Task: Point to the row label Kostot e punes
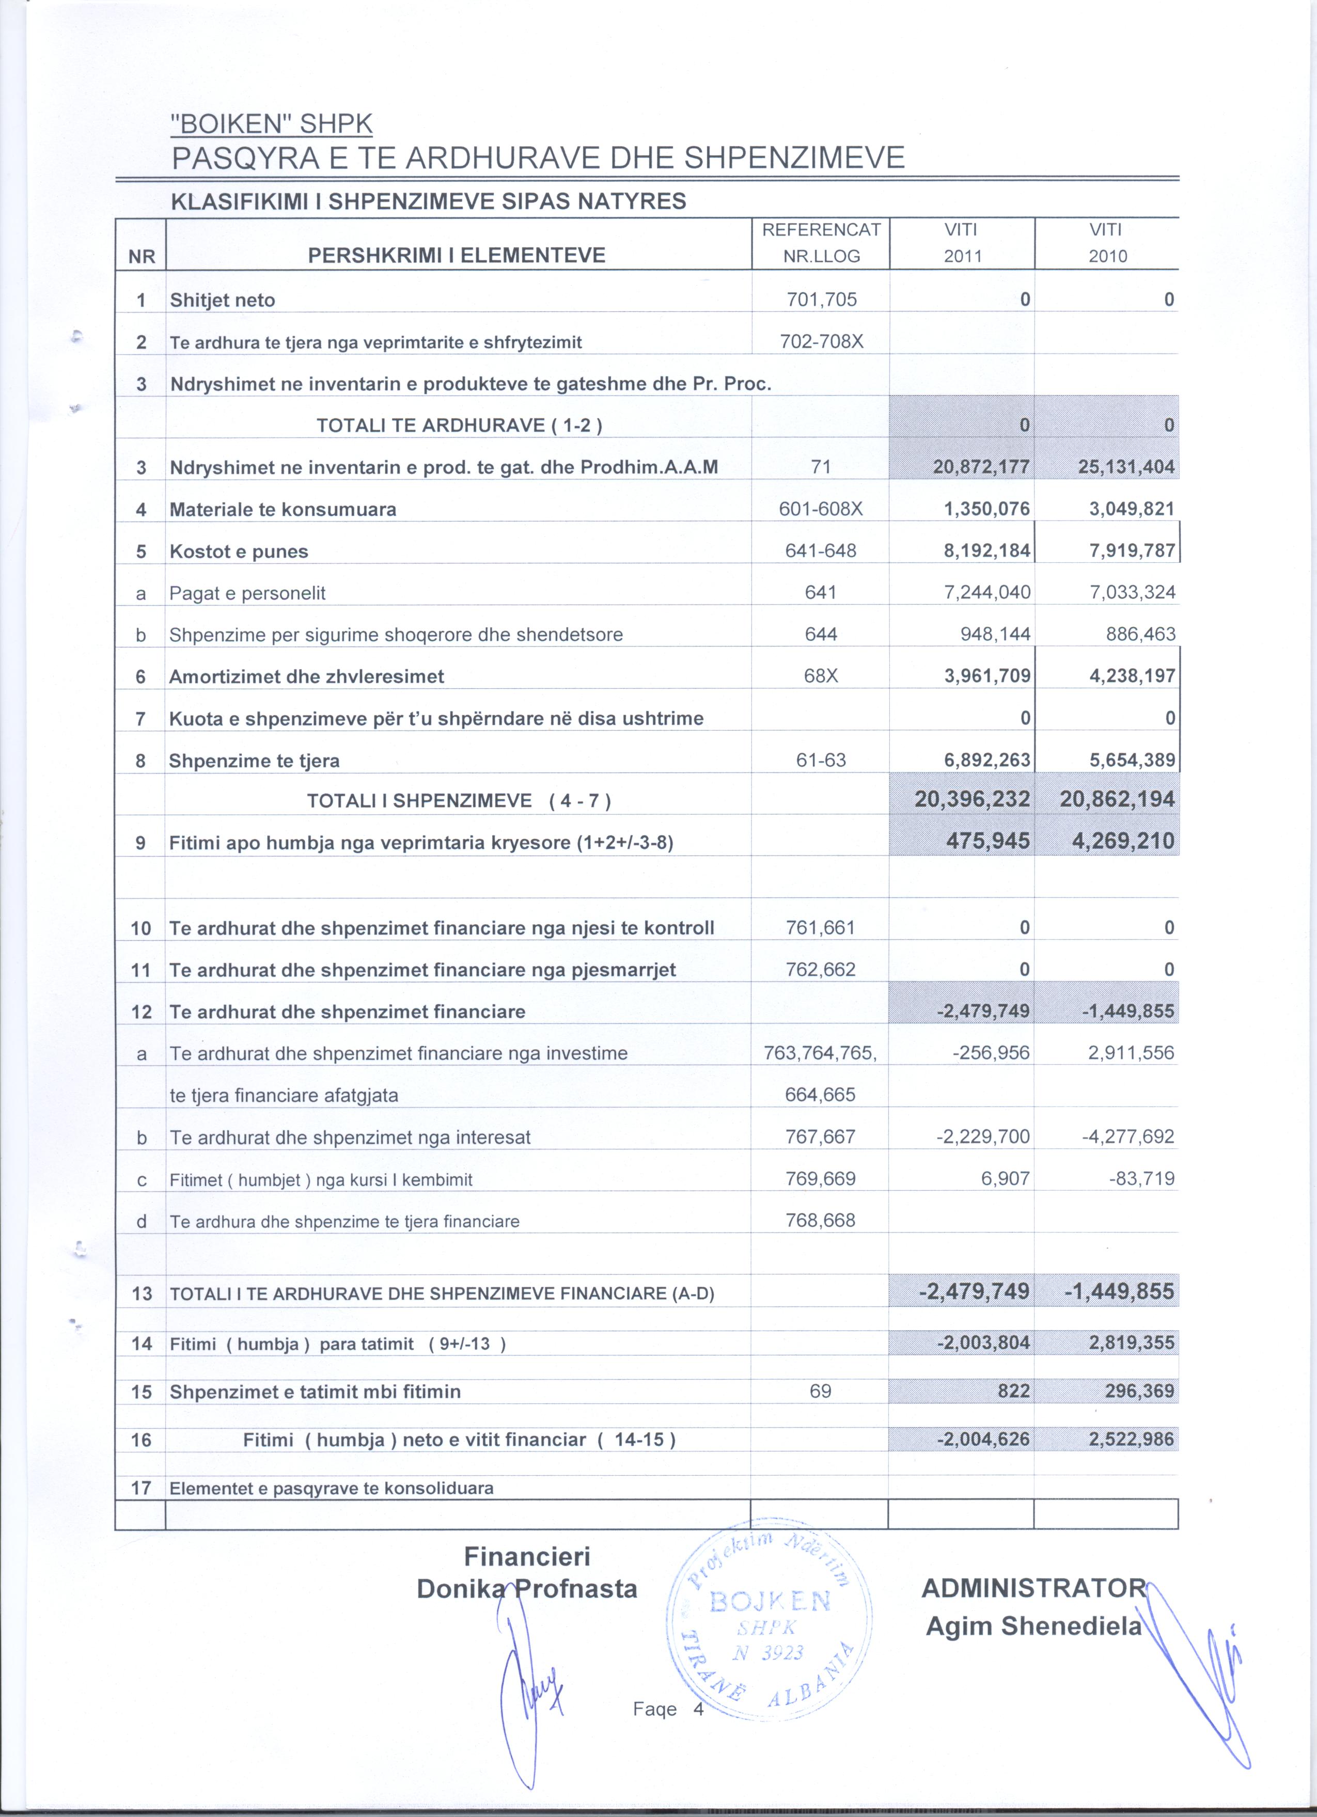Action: pos(238,551)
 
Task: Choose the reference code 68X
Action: pos(820,676)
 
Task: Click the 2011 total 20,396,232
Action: pos(971,799)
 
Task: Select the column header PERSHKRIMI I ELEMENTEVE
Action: pos(457,256)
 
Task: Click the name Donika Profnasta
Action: pos(527,1588)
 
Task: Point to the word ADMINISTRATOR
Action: pos(1033,1587)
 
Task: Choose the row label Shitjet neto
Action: pos(222,301)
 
